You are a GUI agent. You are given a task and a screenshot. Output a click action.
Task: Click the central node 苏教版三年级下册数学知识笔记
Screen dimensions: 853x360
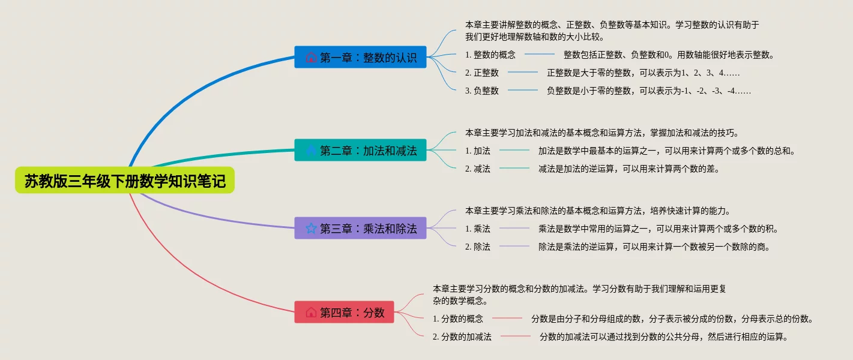click(x=125, y=180)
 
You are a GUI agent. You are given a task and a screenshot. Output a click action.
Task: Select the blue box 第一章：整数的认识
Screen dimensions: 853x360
click(x=360, y=57)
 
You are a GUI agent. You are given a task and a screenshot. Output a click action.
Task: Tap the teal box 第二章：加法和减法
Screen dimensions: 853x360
click(x=360, y=150)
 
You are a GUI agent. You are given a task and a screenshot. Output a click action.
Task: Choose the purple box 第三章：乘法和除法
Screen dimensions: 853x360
click(x=360, y=228)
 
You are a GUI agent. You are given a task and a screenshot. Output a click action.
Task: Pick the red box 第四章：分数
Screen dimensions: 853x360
click(x=344, y=312)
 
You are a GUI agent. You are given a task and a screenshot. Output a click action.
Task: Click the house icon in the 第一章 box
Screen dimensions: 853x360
click(x=311, y=58)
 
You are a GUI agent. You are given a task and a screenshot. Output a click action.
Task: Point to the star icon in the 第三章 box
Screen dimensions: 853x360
click(x=311, y=229)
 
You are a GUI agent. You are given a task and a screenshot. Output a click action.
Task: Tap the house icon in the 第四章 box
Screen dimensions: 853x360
click(x=311, y=313)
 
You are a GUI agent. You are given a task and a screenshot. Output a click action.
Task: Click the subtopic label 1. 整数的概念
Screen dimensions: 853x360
click(x=490, y=55)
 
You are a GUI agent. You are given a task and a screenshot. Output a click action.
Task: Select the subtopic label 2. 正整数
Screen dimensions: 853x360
click(x=481, y=73)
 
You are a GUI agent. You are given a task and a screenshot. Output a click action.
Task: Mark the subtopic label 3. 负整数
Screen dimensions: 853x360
click(x=481, y=91)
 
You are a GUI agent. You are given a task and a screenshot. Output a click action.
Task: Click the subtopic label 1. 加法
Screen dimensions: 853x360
click(x=478, y=151)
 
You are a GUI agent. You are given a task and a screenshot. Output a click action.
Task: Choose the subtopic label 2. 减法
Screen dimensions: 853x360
click(x=478, y=169)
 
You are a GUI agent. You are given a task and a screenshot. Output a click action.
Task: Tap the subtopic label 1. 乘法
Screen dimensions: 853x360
click(x=478, y=229)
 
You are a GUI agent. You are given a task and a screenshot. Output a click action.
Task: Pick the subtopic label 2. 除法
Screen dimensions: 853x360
click(x=478, y=247)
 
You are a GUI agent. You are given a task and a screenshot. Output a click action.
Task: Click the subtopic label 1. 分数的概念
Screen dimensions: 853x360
click(x=458, y=319)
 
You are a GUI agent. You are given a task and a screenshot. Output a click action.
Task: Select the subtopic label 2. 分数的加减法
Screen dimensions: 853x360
click(x=462, y=337)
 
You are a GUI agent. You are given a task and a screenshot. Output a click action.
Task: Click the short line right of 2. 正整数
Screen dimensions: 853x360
click(x=522, y=72)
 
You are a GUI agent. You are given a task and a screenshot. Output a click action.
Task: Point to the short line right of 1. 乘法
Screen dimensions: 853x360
click(x=514, y=228)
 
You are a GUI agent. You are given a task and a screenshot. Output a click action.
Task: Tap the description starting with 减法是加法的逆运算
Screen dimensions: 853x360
click(x=629, y=169)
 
